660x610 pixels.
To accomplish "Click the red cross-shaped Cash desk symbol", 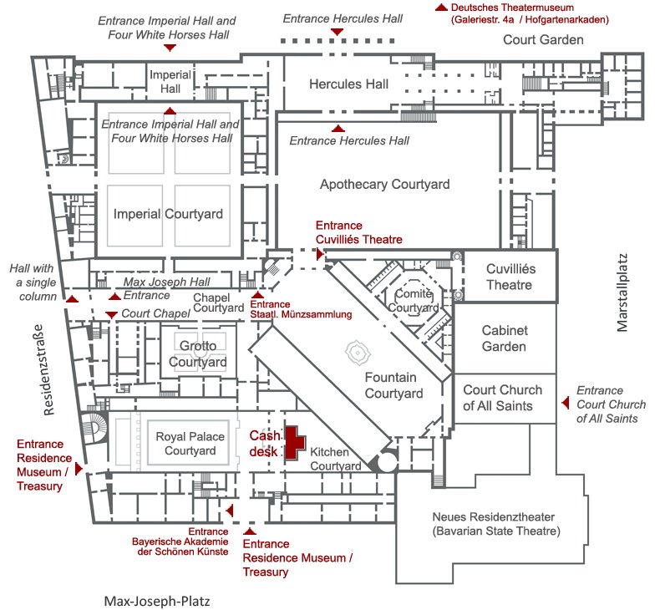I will pos(293,442).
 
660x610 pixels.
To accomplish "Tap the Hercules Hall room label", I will pos(348,84).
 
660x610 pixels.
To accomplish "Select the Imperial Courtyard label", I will pos(169,214).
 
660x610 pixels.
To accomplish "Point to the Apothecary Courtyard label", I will pos(385,184).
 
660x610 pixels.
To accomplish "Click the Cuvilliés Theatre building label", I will pos(510,277).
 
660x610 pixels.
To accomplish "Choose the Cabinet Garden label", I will pos(504,338).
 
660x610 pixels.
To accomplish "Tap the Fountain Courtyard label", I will pos(393,385).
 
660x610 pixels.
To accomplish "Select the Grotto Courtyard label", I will pos(198,353).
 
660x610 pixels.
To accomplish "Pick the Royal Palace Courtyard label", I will pos(185,443).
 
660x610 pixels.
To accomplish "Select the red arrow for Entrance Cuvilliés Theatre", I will pos(320,251).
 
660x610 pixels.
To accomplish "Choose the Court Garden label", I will pos(543,39).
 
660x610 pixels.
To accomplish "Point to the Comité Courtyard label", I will pos(412,300).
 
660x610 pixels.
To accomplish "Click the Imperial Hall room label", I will pos(170,81).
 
